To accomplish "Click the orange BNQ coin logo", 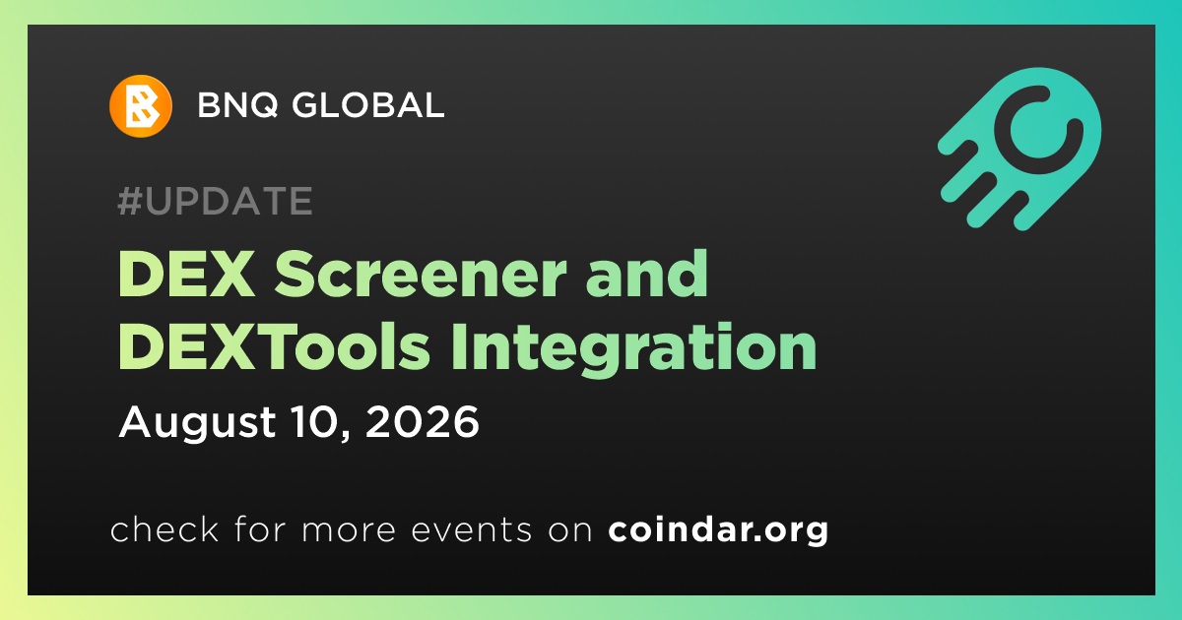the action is [x=140, y=106].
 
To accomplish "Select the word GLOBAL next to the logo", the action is [x=367, y=104].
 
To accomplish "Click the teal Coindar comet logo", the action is [x=1019, y=149].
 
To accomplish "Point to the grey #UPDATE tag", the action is [x=216, y=201].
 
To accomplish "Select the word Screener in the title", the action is [x=421, y=275].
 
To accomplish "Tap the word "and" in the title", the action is [x=647, y=274].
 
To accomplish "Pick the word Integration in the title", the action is [x=633, y=350].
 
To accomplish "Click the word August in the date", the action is [x=197, y=422].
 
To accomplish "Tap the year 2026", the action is [x=423, y=422].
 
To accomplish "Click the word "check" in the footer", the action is [x=164, y=528].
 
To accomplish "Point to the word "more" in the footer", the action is [x=349, y=530].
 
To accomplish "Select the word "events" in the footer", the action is [x=471, y=529].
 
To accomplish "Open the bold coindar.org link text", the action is [x=718, y=529].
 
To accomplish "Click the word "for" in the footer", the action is [x=260, y=528].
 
